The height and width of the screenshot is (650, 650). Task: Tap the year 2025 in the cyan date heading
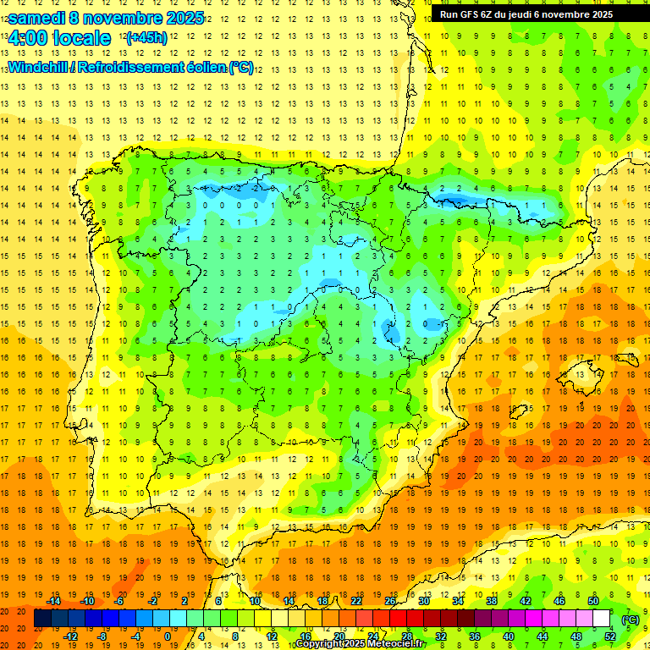coord(182,18)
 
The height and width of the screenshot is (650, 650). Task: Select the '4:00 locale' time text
coord(59,38)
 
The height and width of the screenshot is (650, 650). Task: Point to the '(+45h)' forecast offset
coord(146,38)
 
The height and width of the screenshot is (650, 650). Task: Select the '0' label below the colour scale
coord(167,636)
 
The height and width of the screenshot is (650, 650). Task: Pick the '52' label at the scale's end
coord(609,636)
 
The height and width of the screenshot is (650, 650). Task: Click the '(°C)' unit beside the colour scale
coord(631,620)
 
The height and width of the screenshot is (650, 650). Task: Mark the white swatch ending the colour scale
coord(601,619)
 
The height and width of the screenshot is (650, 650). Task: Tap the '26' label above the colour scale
coord(390,601)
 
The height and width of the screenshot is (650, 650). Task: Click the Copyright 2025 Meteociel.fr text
coord(360,644)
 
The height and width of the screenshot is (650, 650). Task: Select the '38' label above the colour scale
coord(491,601)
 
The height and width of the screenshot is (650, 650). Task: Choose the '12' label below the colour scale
coord(272,636)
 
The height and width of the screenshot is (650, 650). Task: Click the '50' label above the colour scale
coord(592,601)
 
